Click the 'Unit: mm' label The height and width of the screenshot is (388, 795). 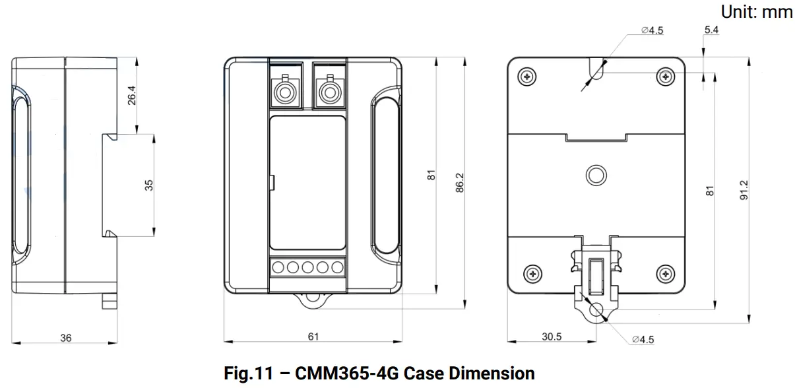(757, 11)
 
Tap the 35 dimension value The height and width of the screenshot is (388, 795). (149, 185)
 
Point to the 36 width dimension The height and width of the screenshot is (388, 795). (66, 337)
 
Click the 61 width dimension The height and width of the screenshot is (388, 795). (313, 337)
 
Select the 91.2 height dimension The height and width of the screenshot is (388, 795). (744, 189)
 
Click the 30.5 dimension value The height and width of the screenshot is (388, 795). (552, 337)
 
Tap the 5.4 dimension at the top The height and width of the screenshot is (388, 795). (711, 30)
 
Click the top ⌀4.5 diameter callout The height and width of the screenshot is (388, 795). (652, 30)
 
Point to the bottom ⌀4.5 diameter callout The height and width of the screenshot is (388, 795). (642, 339)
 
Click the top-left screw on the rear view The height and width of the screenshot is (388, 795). (526, 76)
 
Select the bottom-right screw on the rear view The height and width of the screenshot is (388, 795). (666, 273)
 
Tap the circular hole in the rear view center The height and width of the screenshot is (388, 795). (596, 175)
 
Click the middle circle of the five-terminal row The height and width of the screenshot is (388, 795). (307, 267)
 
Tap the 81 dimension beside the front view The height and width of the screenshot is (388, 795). (431, 176)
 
